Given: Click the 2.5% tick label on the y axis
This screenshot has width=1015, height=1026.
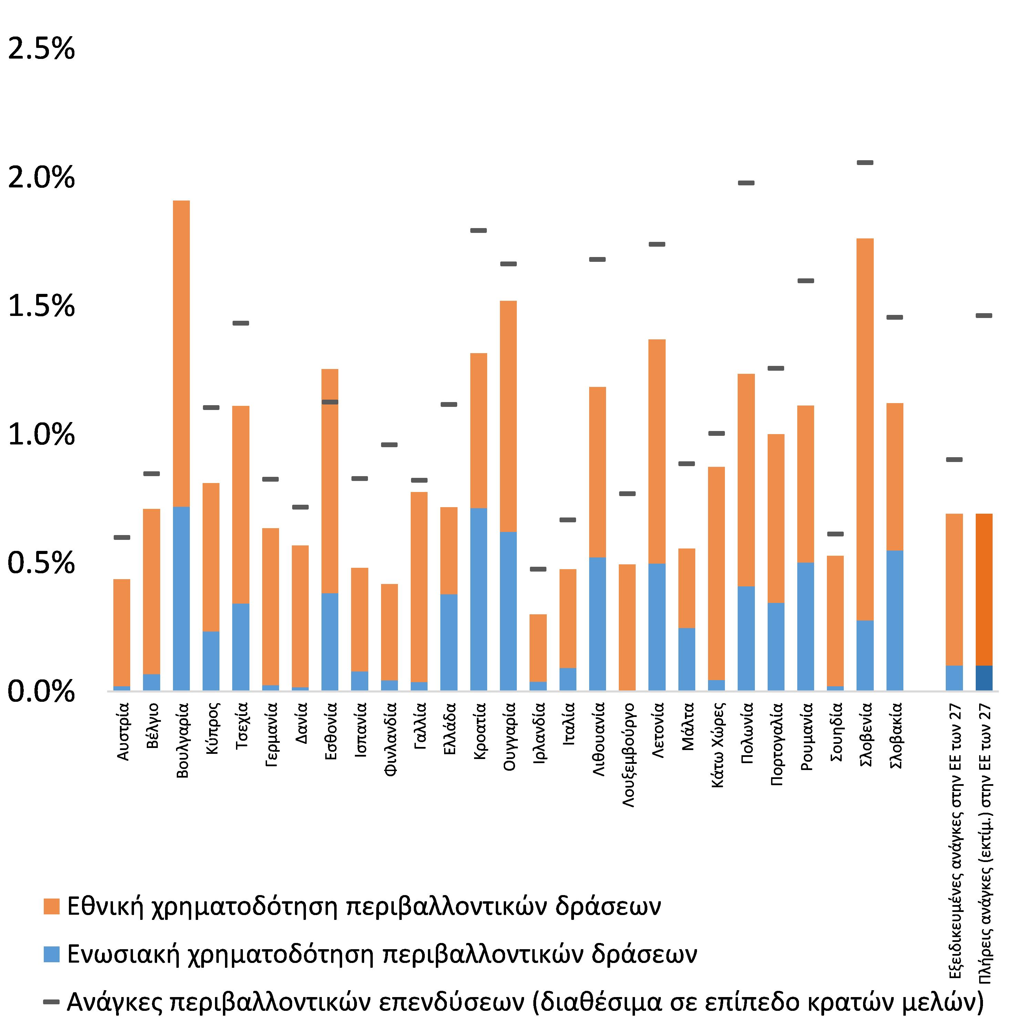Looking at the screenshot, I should pyautogui.click(x=41, y=49).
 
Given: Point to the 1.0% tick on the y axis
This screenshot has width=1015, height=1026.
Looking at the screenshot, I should pyautogui.click(x=41, y=435).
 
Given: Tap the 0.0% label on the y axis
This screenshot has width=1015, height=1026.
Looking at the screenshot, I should pyautogui.click(x=41, y=692).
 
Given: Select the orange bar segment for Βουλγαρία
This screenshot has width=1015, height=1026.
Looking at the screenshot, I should pyautogui.click(x=182, y=353).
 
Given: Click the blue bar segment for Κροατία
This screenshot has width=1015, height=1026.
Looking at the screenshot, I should pyautogui.click(x=479, y=599).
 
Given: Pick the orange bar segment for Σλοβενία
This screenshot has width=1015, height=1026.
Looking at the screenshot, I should pyautogui.click(x=865, y=429).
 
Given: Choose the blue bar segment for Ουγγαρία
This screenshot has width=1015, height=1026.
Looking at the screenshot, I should pyautogui.click(x=508, y=611).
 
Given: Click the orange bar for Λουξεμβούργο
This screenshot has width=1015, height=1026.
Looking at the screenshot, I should pyautogui.click(x=627, y=627).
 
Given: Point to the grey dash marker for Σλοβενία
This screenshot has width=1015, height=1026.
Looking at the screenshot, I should pyautogui.click(x=865, y=163).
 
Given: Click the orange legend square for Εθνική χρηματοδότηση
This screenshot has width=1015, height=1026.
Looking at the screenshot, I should pyautogui.click(x=52, y=906).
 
